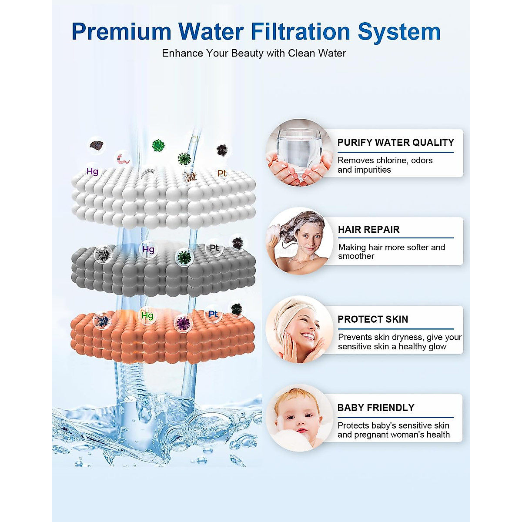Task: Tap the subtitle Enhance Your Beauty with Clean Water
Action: pyautogui.click(x=254, y=53)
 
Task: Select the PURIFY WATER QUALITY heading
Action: pyautogui.click(x=395, y=143)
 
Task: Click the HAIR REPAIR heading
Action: pyautogui.click(x=368, y=230)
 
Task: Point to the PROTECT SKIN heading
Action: pyautogui.click(x=373, y=319)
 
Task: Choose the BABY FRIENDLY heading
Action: pyautogui.click(x=376, y=408)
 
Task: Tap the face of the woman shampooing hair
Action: pyautogui.click(x=310, y=241)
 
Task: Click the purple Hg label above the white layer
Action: pyautogui.click(x=92, y=171)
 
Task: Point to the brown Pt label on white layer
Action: pyautogui.click(x=222, y=173)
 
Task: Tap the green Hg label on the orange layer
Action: pyautogui.click(x=147, y=315)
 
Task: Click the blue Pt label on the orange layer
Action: pyautogui.click(x=213, y=314)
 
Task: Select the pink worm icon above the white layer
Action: pyautogui.click(x=123, y=159)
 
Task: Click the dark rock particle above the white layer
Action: pyautogui.click(x=97, y=145)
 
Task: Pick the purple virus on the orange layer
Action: pyautogui.click(x=183, y=323)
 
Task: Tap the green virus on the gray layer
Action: pyautogui.click(x=184, y=257)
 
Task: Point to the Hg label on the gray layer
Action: pyautogui.click(x=148, y=249)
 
